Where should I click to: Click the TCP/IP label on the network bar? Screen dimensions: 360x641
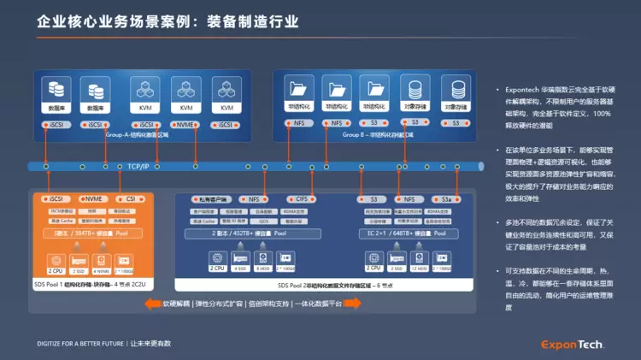(137, 166)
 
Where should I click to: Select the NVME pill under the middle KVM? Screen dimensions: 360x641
(186, 125)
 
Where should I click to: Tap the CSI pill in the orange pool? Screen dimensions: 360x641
(131, 198)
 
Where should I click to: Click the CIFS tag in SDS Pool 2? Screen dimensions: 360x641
(302, 198)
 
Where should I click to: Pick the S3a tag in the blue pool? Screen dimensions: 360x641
(445, 198)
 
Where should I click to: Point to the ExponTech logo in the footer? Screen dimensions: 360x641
(572, 345)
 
